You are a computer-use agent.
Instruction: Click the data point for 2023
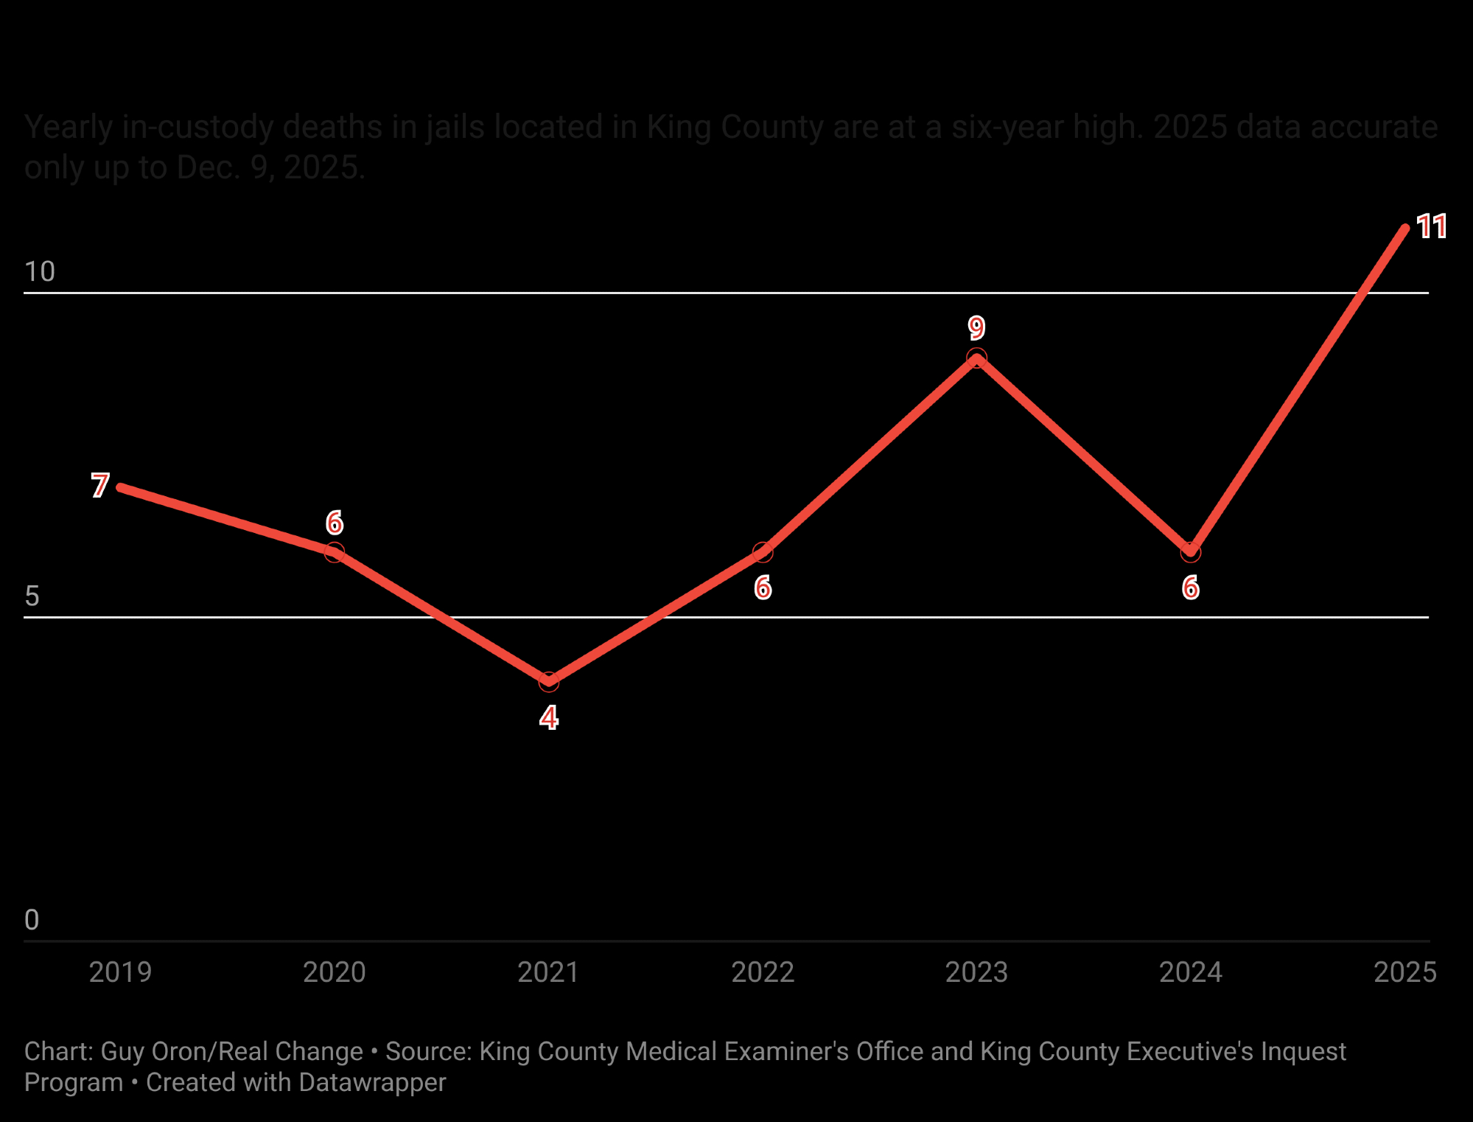click(976, 358)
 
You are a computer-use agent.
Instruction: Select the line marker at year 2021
click(548, 682)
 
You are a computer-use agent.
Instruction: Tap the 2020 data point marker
click(335, 552)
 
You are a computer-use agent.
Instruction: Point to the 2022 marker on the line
click(763, 552)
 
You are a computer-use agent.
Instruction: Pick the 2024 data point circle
click(1191, 552)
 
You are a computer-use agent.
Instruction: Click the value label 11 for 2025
click(1432, 226)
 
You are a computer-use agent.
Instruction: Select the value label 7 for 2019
click(100, 486)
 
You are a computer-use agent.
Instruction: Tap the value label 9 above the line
click(976, 327)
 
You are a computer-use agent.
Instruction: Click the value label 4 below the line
click(548, 718)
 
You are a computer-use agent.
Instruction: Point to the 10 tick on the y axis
click(40, 272)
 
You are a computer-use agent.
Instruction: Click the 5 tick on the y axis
click(32, 596)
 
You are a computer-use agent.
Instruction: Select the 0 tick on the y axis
click(32, 920)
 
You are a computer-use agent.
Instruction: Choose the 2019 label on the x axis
click(120, 972)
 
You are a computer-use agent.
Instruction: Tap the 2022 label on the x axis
click(763, 972)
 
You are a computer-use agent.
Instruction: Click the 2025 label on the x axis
click(1404, 972)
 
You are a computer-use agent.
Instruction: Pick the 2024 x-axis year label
click(1191, 972)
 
